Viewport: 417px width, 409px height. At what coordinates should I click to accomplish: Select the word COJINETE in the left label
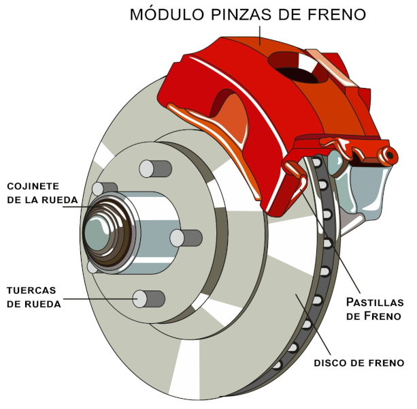(33, 186)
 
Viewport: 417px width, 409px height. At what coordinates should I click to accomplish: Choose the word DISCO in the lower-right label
(331, 362)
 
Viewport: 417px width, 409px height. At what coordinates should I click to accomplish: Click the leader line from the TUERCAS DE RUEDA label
(102, 298)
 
